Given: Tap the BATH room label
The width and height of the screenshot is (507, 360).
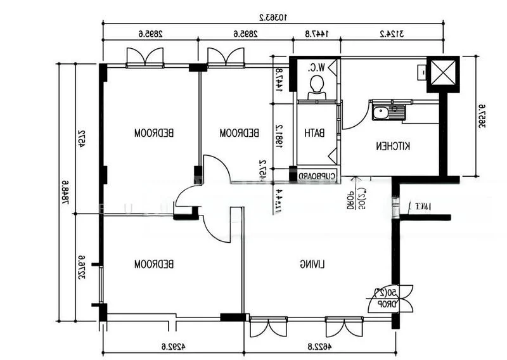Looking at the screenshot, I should (x=315, y=133).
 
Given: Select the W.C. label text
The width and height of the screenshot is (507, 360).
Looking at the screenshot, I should (x=316, y=67).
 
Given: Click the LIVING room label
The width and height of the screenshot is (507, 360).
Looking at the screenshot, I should (x=312, y=264).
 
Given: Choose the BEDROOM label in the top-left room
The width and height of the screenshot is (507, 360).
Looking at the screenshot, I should (x=155, y=133).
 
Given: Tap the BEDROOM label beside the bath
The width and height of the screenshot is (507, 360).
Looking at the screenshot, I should (x=240, y=133).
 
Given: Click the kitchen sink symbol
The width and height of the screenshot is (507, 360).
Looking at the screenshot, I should (x=388, y=111).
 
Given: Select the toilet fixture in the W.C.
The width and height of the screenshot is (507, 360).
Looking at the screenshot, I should (x=316, y=89).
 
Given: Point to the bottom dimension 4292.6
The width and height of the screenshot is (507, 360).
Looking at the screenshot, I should (x=172, y=346).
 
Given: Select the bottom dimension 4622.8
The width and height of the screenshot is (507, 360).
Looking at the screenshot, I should (x=319, y=346).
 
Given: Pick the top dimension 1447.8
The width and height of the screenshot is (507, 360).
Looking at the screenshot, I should (x=316, y=33).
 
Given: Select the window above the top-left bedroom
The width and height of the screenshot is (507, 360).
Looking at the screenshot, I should (x=145, y=58).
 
